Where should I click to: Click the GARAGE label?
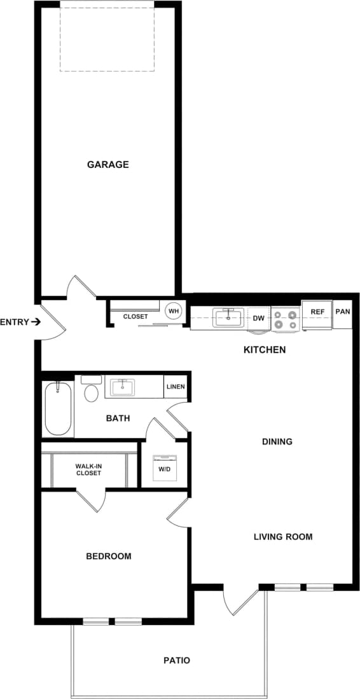(107, 165)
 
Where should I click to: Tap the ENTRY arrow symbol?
(36, 322)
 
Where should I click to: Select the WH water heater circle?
(174, 312)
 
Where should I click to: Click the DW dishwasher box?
(258, 318)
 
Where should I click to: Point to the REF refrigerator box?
(317, 312)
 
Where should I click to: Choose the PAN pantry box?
(342, 312)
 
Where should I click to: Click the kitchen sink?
(228, 317)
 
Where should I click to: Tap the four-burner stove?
(286, 319)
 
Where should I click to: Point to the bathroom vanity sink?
(122, 387)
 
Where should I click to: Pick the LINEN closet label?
(176, 387)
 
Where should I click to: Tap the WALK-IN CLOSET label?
(88, 469)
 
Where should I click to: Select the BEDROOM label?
(109, 557)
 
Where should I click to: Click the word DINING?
(277, 441)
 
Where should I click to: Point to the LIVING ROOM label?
(283, 537)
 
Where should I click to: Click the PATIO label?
(176, 661)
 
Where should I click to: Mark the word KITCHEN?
(265, 350)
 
